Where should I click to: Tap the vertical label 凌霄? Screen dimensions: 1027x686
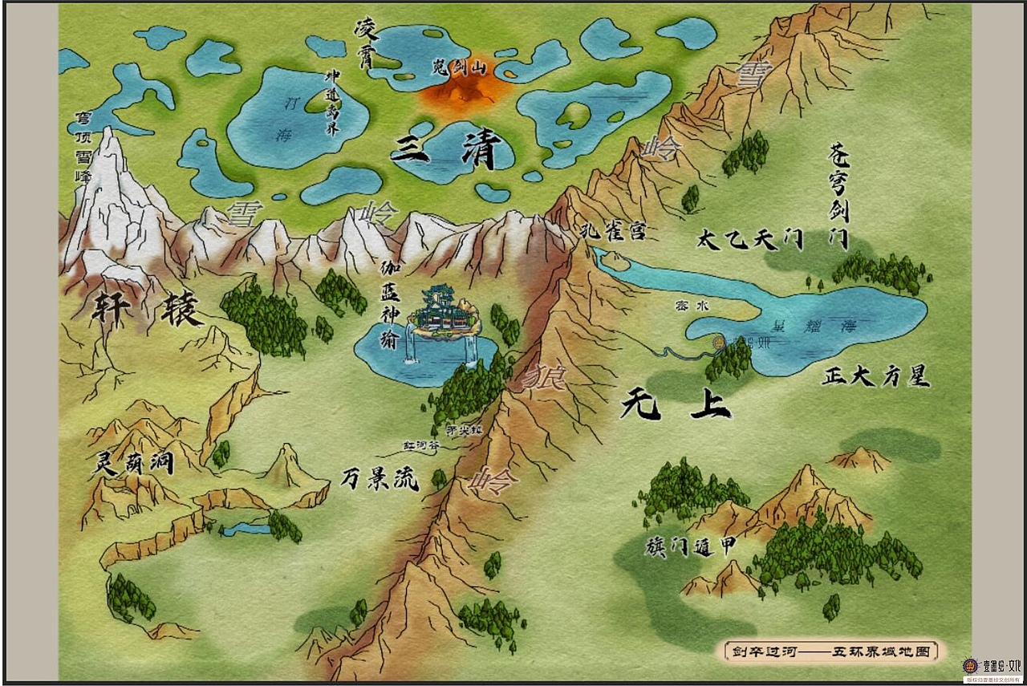[x=366, y=47]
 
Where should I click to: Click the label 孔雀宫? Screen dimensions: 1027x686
[x=614, y=232]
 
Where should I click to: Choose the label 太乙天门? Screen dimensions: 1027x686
[x=750, y=239]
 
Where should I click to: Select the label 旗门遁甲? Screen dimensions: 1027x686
[x=690, y=546]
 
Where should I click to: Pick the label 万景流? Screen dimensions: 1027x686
[x=380, y=479]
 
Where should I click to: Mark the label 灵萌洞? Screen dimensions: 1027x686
[x=135, y=463]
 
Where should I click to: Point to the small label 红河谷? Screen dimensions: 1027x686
[x=421, y=444]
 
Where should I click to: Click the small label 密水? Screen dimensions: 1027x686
[x=687, y=306]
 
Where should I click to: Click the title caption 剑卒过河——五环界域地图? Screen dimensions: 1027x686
[x=830, y=651]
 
